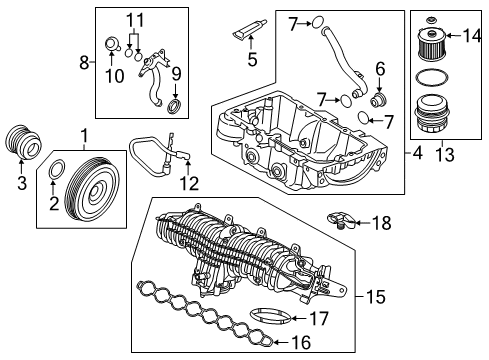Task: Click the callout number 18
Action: point(382,223)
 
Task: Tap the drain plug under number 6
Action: point(379,100)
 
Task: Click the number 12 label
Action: point(189,183)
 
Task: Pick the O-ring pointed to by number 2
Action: point(57,169)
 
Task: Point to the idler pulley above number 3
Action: point(24,142)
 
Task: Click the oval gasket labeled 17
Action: point(269,317)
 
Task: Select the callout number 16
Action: point(301,342)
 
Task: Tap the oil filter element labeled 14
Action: point(431,45)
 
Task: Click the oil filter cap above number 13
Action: point(431,115)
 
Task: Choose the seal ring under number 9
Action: point(174,106)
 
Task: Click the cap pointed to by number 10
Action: point(111,45)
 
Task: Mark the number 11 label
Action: point(135,20)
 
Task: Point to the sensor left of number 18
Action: point(341,220)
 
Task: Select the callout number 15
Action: point(375,296)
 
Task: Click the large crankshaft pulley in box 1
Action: point(93,192)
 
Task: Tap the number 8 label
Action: point(84,62)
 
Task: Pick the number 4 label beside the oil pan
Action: point(417,153)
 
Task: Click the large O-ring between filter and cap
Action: point(431,78)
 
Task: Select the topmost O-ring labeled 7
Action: point(318,22)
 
